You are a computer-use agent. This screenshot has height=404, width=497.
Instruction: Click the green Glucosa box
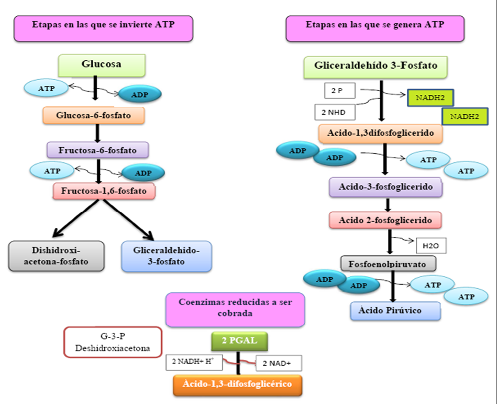point(102,65)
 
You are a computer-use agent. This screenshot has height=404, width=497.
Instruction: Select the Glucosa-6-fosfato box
point(94,114)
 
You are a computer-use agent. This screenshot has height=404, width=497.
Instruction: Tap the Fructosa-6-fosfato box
point(98,150)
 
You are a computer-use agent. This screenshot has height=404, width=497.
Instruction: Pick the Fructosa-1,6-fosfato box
point(104,191)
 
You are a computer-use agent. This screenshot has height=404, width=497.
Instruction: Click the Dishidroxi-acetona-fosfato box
point(56,256)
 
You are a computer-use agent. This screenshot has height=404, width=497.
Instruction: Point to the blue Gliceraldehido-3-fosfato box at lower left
point(167,256)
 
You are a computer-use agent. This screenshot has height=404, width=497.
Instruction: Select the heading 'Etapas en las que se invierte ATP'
point(103,28)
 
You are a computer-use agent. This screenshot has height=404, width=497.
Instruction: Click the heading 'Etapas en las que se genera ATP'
point(375,28)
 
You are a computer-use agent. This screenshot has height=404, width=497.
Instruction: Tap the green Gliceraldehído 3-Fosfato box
point(375,67)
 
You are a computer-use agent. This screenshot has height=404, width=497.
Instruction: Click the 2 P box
point(339,91)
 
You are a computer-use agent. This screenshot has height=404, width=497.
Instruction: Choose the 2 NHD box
point(334,112)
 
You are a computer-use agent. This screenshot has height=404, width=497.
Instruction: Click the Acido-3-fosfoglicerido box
point(385,187)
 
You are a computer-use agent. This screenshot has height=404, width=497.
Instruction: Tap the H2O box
point(430,245)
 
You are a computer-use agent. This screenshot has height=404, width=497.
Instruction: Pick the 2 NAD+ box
point(279,363)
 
